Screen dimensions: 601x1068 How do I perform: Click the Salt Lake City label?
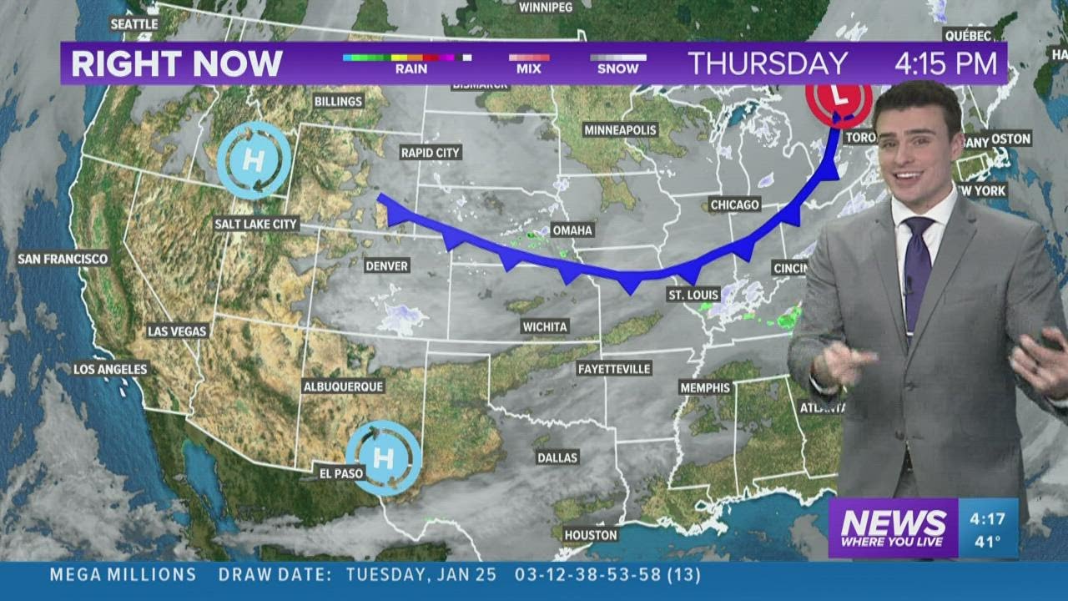pos(256,224)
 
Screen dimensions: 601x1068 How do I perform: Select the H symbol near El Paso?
pos(383,457)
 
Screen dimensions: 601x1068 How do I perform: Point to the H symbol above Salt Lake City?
pos(254,159)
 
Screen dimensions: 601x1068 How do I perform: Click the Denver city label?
pos(387,265)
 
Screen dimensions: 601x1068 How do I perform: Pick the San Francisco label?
pos(63,259)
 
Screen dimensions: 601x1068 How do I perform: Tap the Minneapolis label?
pos(621,130)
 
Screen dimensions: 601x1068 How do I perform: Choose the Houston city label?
pos(591,535)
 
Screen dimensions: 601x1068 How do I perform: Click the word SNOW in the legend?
pos(617,69)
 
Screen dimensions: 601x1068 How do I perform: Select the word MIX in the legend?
pos(528,69)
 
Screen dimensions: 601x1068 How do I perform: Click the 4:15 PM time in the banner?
pos(945,63)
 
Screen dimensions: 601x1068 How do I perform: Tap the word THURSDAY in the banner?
pos(767,63)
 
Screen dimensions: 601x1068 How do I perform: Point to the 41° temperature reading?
pos(988,541)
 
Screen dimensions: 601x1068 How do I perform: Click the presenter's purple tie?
pos(917,267)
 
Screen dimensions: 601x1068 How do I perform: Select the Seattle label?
pos(134,24)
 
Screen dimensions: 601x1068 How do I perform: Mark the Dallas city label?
pos(557,457)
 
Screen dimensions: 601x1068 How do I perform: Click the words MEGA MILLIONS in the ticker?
pos(123,575)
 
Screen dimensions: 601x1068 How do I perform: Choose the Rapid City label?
pos(431,152)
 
